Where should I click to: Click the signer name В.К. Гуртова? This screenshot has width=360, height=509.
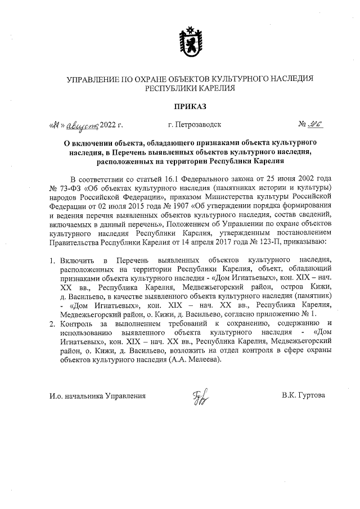coord(303,395)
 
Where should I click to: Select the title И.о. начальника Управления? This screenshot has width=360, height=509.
coord(97,395)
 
